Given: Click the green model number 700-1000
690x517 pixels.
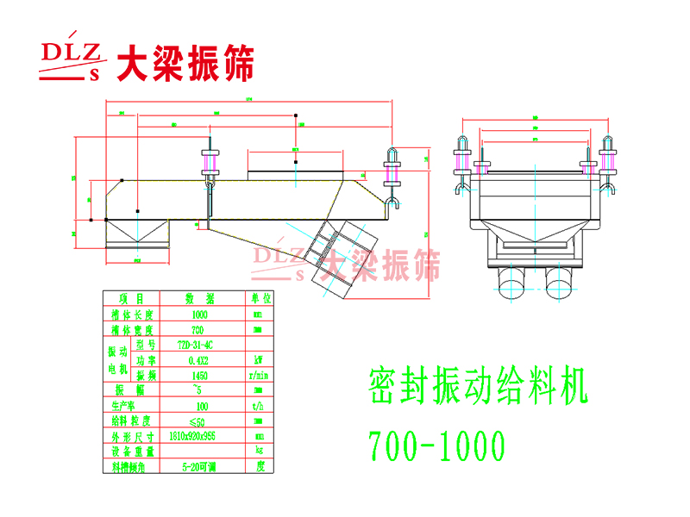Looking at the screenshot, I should (x=436, y=445).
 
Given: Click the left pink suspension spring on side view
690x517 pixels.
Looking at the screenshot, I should (x=210, y=164).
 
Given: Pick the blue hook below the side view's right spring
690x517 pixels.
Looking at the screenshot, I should (x=392, y=203).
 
